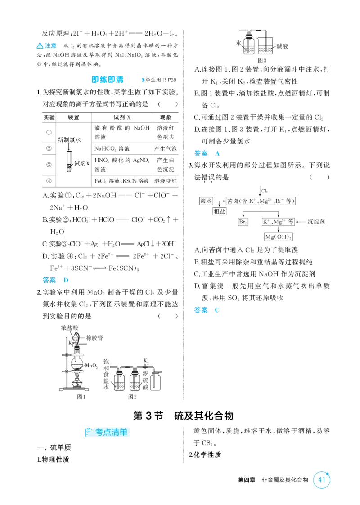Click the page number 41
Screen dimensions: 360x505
pos(322,479)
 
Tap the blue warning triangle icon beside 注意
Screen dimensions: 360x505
pos(40,46)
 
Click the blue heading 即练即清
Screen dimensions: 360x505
pos(107,80)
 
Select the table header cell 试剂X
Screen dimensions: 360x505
pos(122,117)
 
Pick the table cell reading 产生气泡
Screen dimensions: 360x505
pos(165,149)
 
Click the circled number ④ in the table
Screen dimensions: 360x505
pos(49,181)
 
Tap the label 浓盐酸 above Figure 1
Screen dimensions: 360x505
pos(70,328)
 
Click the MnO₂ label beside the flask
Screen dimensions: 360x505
pos(91,366)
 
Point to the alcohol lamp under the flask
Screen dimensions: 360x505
pos(77,381)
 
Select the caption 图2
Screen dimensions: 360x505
pos(132,397)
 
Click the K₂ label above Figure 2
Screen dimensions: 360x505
pos(146,361)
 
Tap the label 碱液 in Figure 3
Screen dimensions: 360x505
pos(282,46)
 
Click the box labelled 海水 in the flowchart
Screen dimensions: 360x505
pos(206,201)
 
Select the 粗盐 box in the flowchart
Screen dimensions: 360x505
pos(220,212)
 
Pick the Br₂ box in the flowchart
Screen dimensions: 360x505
pos(243,222)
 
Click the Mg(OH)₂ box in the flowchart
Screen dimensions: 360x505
pos(279,237)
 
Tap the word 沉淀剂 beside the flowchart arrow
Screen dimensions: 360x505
pos(316,222)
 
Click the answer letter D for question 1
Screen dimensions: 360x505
pos(66,280)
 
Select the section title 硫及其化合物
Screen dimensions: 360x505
pos(204,416)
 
